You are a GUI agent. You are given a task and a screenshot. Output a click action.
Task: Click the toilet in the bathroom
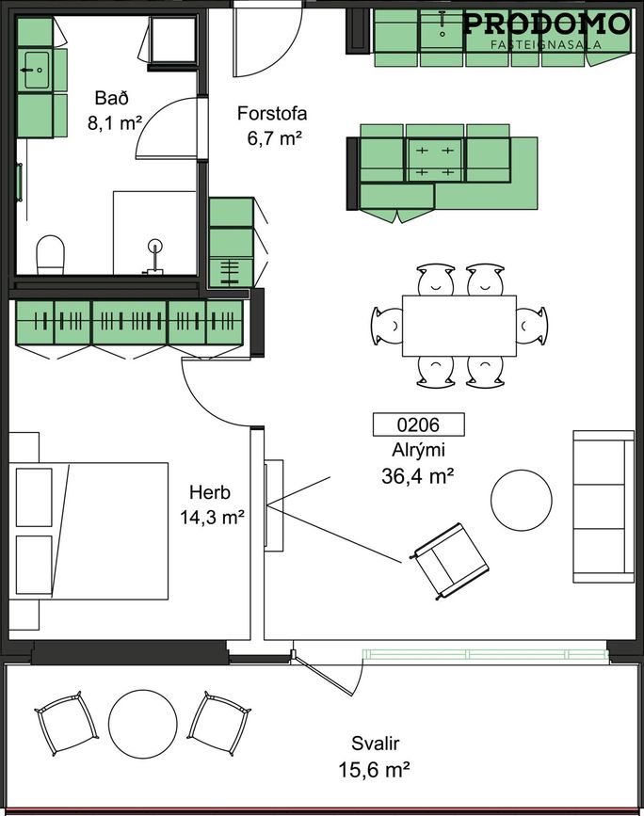pos(50,254)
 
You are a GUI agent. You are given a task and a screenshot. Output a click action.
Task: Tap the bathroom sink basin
pos(36,70)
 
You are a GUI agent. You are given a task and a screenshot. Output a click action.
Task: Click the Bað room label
pos(111,98)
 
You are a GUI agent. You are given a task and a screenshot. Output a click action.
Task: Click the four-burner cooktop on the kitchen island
pos(435,159)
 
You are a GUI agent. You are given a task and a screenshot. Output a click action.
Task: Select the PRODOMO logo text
pos(546,24)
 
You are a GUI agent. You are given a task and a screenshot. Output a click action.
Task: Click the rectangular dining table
pos(459,326)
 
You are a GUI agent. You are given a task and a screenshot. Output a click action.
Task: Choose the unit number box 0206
pos(419,424)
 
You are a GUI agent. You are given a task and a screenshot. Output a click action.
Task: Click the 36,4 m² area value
pos(418,476)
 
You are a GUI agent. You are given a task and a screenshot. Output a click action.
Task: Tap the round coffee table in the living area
pos(522,500)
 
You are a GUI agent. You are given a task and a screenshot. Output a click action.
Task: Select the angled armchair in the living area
pos(450,562)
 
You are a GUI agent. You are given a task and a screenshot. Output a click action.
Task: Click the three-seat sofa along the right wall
pos(604,506)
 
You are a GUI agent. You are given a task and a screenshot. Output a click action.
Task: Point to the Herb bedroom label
pos(210,492)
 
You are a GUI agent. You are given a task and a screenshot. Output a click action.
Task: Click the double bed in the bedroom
pos(89,531)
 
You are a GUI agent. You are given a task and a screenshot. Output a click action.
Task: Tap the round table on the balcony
pos(143,724)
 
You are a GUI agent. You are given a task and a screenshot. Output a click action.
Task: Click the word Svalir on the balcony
pos(376,744)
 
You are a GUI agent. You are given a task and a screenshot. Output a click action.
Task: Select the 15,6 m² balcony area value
pos(374,769)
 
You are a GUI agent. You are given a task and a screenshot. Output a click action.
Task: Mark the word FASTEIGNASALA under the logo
pos(546,45)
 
